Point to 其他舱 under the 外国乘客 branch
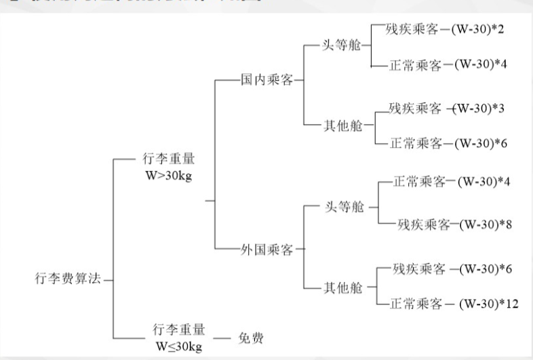(x=344, y=287)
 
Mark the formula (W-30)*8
(x=484, y=224)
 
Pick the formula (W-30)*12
(x=488, y=303)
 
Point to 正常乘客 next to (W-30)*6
(x=416, y=143)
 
